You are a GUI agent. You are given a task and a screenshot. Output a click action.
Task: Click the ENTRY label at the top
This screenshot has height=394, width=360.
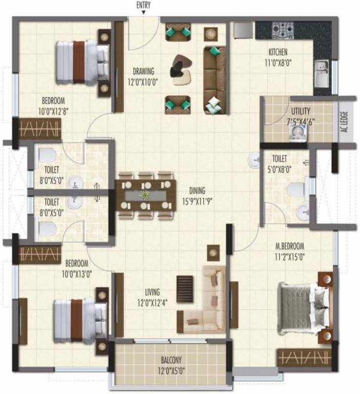pyautogui.click(x=144, y=6)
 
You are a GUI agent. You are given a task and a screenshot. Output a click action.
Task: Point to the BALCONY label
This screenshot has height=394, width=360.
pyautogui.click(x=169, y=360)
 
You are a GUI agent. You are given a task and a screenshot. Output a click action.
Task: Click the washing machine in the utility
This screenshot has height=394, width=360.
pyautogui.click(x=297, y=133)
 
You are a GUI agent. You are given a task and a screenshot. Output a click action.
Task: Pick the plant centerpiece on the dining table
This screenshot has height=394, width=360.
pyautogui.click(x=146, y=195)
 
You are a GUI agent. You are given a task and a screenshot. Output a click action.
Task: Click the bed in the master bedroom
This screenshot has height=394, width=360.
pyautogui.click(x=303, y=308)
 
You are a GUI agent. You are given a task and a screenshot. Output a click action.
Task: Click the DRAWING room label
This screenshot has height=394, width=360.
pyautogui.click(x=143, y=71)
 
